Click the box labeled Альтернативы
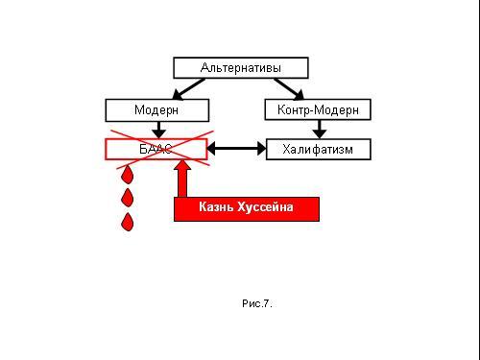click(241, 68)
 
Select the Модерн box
click(157, 110)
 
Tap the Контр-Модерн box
click(318, 109)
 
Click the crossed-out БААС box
click(156, 149)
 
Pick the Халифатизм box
click(319, 149)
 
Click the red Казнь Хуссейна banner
click(247, 209)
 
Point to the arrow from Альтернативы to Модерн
click(188, 89)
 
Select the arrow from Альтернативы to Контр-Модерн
click(289, 89)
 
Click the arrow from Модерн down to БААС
click(158, 130)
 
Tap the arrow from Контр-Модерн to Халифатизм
click(319, 130)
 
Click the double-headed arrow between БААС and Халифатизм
click(237, 149)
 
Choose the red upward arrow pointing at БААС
click(182, 179)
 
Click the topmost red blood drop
click(128, 175)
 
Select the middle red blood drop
click(128, 198)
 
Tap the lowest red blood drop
click(128, 222)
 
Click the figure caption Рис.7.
click(257, 303)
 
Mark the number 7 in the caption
click(266, 303)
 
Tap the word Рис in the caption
click(252, 303)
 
